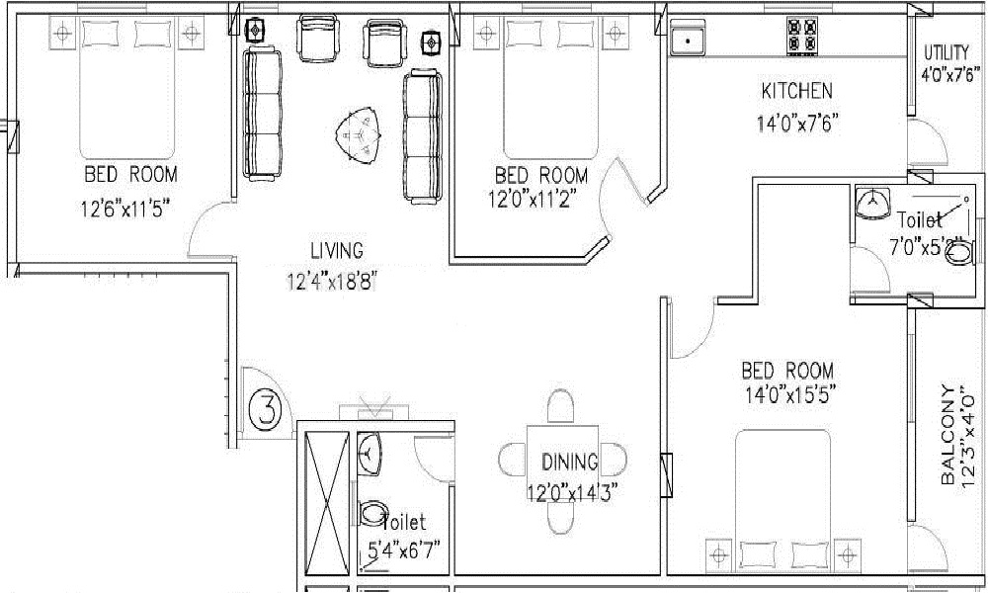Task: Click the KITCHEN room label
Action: point(796,91)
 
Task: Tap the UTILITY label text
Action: point(946,51)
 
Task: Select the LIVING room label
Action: point(337,251)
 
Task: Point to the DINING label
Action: point(570,462)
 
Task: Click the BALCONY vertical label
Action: point(948,435)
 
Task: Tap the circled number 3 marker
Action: point(267,409)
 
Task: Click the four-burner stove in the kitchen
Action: point(801,36)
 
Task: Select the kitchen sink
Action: point(688,41)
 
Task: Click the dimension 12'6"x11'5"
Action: point(126,209)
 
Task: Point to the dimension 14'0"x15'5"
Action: point(790,395)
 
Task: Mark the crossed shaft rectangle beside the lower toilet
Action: point(326,502)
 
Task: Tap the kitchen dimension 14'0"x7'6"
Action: point(797,123)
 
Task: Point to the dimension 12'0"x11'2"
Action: point(532,199)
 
